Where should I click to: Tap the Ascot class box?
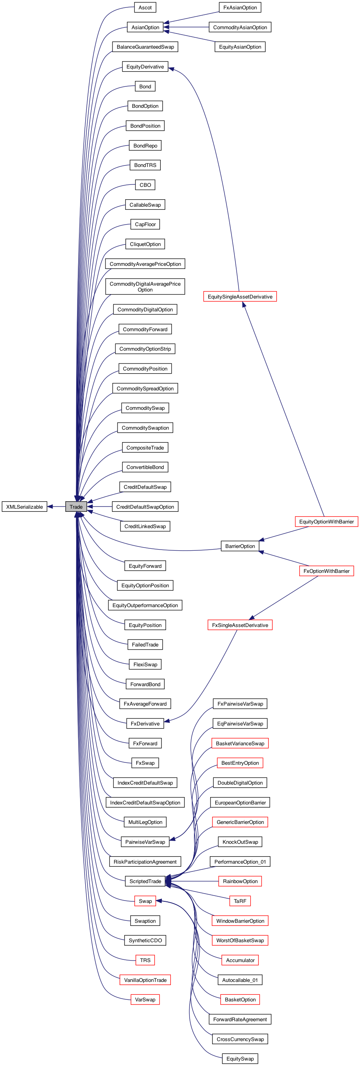coord(145,7)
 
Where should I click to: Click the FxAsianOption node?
coord(240,7)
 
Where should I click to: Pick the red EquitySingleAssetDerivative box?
coord(240,296)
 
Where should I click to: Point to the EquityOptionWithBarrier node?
coord(326,522)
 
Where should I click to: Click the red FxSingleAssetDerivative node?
coord(240,625)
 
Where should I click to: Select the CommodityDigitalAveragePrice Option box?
coord(145,286)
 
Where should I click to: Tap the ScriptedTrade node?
coord(145,881)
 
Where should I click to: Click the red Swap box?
coord(145,901)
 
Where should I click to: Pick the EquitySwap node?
coord(240,1059)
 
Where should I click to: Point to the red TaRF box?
coord(240,901)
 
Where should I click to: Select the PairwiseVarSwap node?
coord(145,842)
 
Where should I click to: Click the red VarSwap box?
coord(145,999)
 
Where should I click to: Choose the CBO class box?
coord(145,185)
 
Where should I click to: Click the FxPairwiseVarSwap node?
coord(240,704)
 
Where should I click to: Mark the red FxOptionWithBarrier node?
coord(326,571)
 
